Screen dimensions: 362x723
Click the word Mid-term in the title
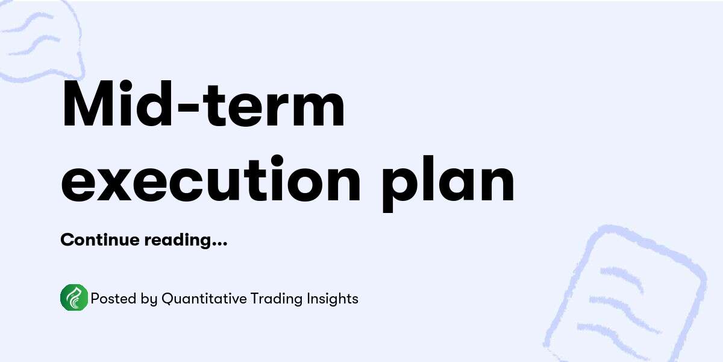click(x=204, y=109)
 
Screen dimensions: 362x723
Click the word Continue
click(x=100, y=240)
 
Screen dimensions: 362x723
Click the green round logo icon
click(x=74, y=298)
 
